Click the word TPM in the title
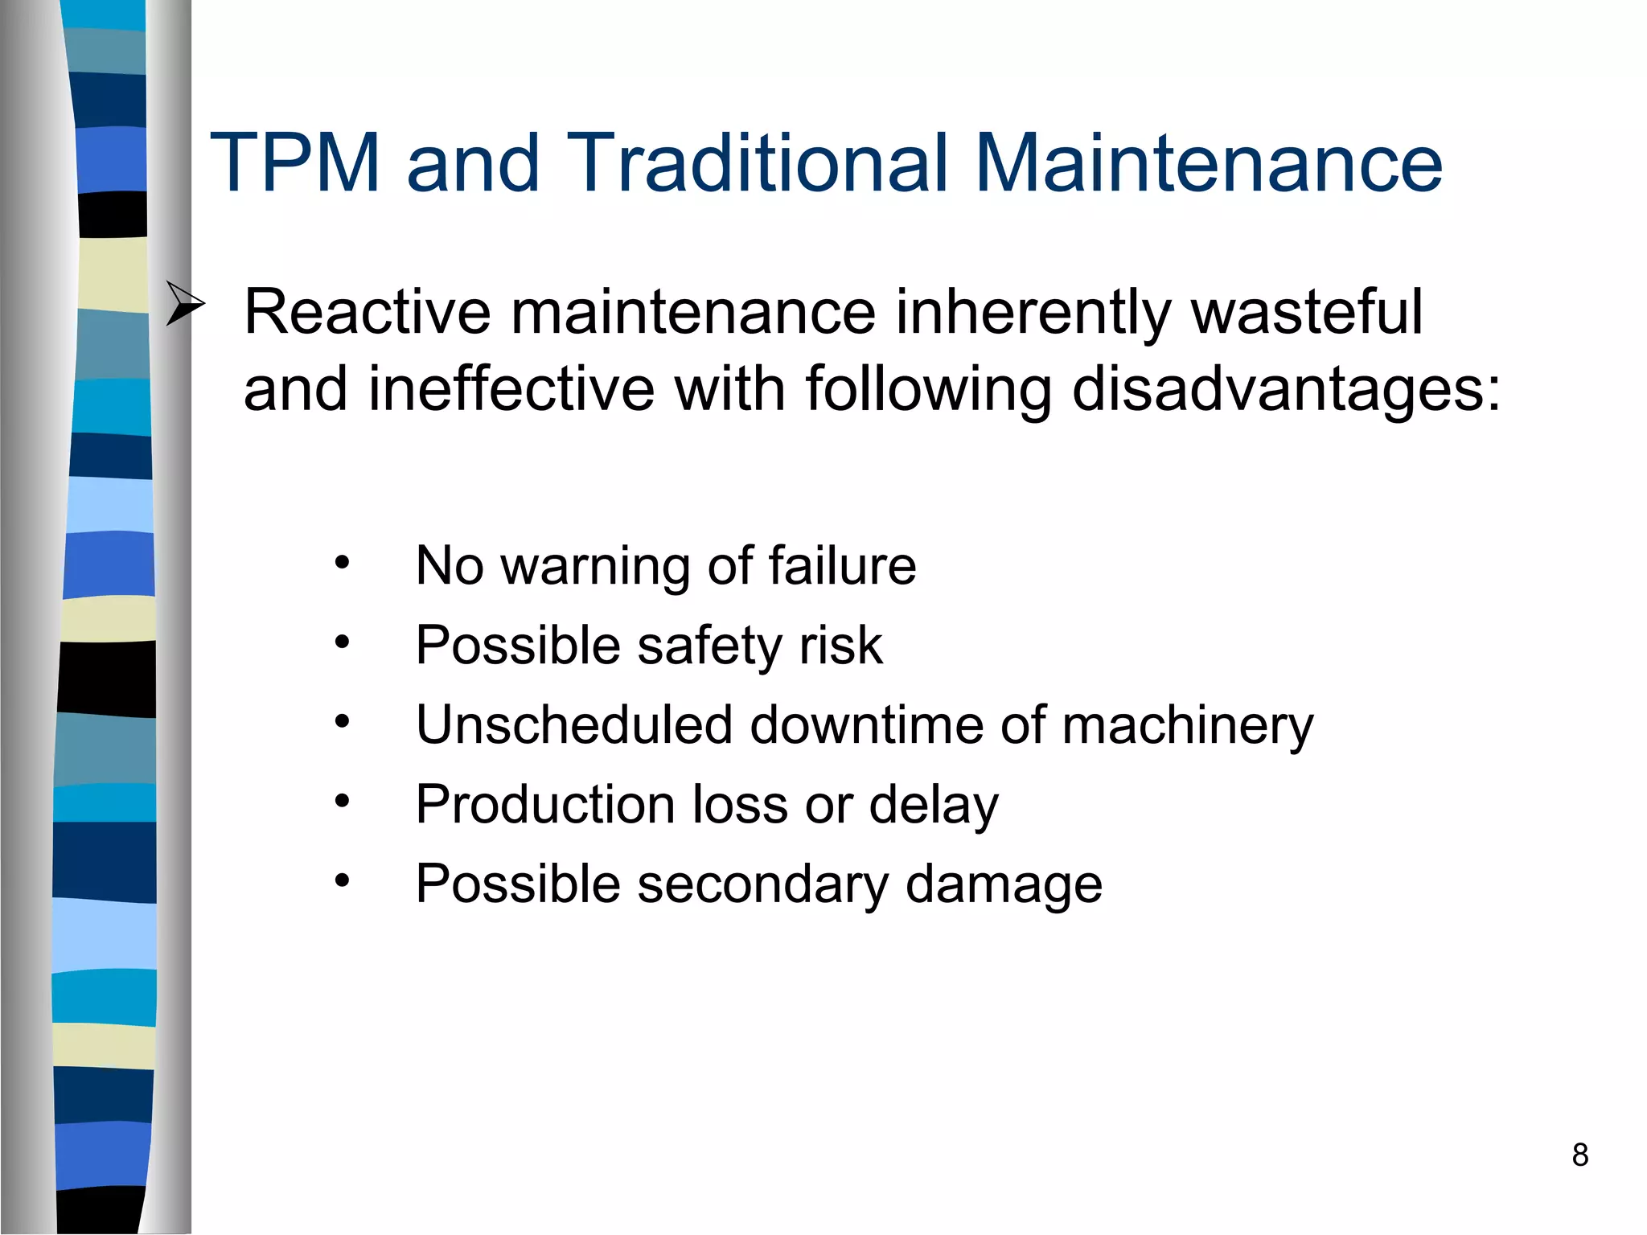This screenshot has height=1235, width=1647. [x=294, y=163]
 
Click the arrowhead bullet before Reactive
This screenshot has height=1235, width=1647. [x=185, y=303]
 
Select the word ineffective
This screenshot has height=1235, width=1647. [x=511, y=389]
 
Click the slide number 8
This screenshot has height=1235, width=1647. [x=1579, y=1155]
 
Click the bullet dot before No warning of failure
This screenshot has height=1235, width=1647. [x=343, y=563]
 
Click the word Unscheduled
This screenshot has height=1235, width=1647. [x=574, y=724]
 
